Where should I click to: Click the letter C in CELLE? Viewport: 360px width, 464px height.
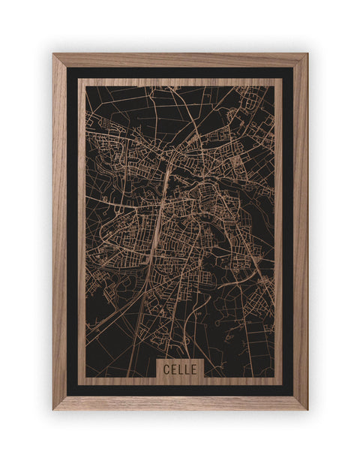(x=165, y=369)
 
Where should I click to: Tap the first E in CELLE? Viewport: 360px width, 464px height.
(x=172, y=369)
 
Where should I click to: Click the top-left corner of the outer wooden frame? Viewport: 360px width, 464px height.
(x=53, y=54)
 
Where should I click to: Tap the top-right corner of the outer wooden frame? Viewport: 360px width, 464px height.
(x=307, y=54)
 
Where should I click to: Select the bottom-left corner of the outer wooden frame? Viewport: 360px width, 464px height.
(x=53, y=409)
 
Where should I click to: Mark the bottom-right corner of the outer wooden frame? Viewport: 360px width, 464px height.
(x=307, y=409)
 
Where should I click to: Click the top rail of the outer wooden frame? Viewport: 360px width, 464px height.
(x=180, y=60)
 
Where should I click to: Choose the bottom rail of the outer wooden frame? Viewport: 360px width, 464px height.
(x=180, y=402)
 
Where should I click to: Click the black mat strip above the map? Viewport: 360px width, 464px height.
(x=180, y=73)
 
